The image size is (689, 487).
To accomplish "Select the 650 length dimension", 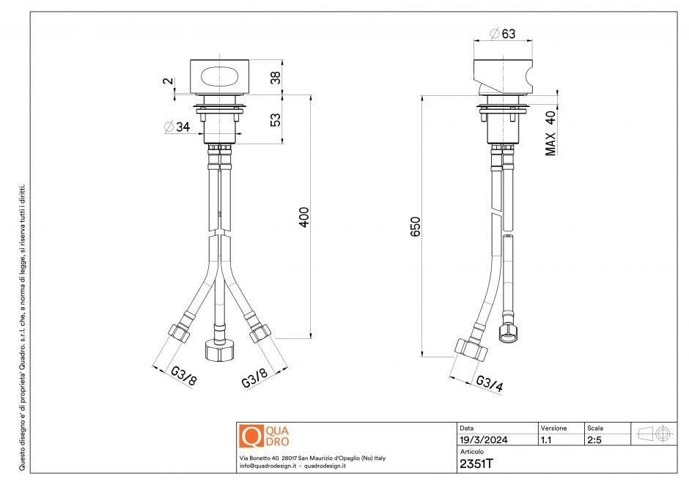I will point(415,227).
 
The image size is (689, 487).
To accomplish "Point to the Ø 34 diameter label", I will point(177,127).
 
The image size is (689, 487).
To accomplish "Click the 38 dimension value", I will point(276,77).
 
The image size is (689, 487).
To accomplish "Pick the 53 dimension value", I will point(276,119).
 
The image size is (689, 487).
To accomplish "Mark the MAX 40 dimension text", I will point(550,133).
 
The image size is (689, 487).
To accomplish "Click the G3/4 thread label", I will point(488,384).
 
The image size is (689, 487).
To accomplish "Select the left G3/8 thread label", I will point(183,376).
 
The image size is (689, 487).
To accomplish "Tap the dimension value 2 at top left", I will point(166,82).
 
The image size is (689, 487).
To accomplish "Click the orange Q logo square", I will point(251,436).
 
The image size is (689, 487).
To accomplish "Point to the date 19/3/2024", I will point(483,440).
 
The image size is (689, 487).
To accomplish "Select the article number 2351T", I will point(476,464).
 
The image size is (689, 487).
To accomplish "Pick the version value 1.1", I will point(547,440).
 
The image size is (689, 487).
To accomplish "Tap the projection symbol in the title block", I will point(654,434).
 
